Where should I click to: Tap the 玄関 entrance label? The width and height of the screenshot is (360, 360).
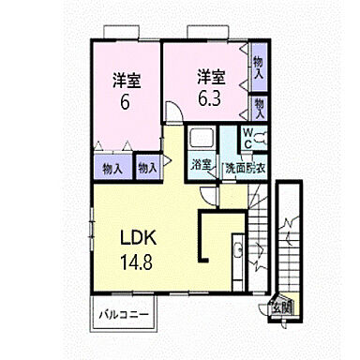[x=283, y=306]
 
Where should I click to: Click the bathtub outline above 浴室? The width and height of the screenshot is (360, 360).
[x=202, y=142]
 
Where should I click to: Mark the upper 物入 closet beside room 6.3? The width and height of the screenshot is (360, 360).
[x=259, y=66]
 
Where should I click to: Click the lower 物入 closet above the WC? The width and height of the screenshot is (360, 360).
[x=259, y=104]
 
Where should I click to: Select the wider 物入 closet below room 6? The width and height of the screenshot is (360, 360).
[x=112, y=169]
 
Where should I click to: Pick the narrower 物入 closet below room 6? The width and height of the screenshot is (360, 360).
[x=147, y=169]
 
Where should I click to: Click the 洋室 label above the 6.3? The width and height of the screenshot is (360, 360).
[x=209, y=75]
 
